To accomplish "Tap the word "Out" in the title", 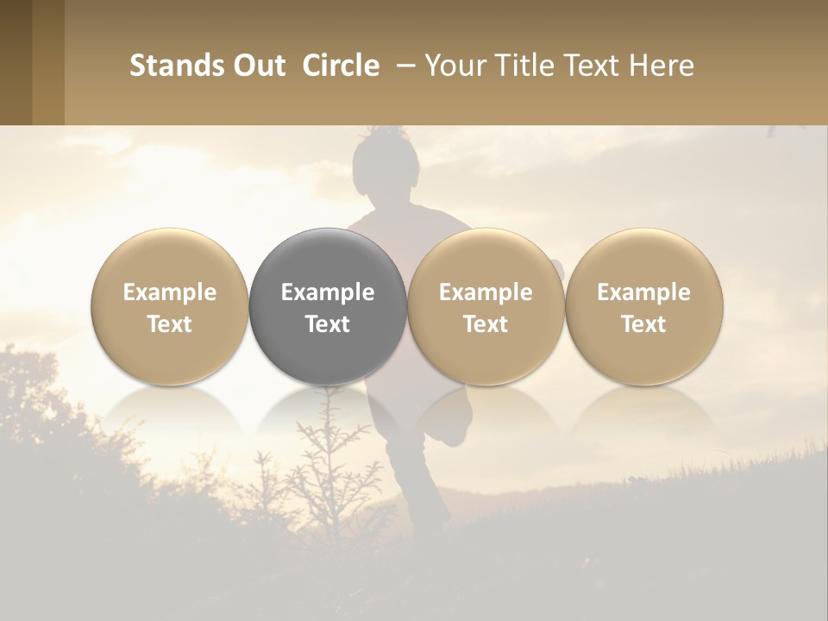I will (258, 66).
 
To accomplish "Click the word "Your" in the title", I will (455, 66).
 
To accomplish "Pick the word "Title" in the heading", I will (526, 66).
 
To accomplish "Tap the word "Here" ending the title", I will (662, 66).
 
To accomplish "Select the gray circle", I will (328, 306).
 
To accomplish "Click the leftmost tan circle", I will (170, 306).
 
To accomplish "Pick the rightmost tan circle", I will (643, 306).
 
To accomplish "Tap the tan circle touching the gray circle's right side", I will (486, 306).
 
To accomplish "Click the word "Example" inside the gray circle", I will (328, 292).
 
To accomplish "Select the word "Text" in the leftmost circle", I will (170, 324).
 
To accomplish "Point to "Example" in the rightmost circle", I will (643, 292).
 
